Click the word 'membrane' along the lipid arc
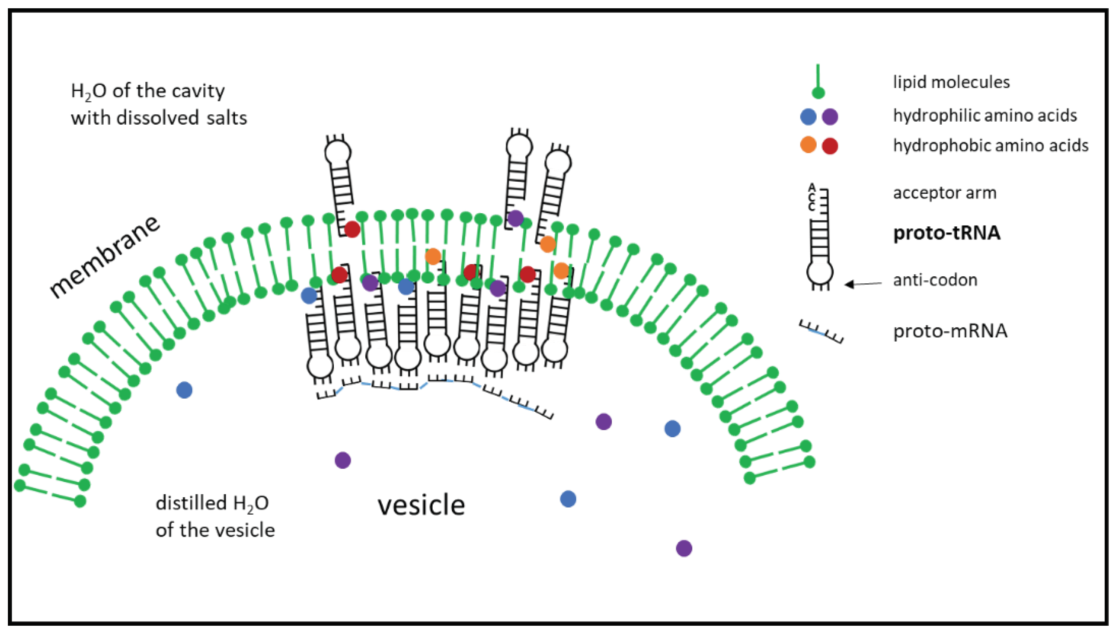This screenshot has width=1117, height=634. click(104, 257)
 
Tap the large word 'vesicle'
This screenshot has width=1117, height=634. click(421, 505)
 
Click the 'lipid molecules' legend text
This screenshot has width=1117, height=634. click(951, 82)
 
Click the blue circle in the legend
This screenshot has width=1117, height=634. click(808, 117)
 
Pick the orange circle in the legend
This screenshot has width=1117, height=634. click(808, 145)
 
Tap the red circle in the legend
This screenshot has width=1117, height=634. click(830, 146)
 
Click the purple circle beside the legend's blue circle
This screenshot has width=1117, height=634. click(830, 117)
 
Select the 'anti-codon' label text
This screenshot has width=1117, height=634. click(935, 280)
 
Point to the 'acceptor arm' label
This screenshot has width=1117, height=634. click(945, 193)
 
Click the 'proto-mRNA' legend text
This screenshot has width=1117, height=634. click(950, 331)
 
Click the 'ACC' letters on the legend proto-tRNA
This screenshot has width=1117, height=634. click(811, 197)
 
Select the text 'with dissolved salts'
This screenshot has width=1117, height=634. click(159, 118)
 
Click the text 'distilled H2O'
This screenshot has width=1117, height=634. click(212, 503)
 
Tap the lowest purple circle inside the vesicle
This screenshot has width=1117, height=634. click(684, 548)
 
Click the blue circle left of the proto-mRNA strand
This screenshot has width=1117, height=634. click(184, 390)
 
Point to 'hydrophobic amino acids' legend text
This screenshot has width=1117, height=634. click(991, 145)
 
